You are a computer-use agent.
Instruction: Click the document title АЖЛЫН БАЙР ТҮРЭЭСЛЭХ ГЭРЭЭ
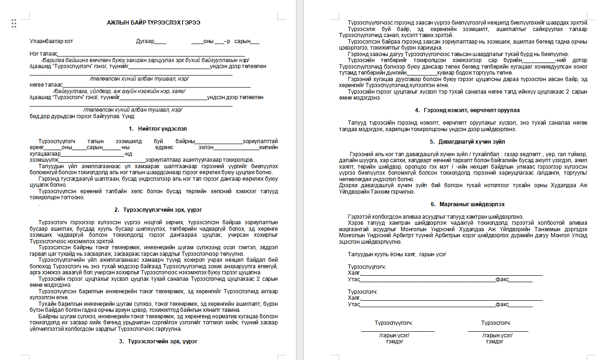point(154,23)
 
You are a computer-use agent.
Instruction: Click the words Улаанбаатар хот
point(51,41)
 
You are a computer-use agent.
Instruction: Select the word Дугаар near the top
point(145,41)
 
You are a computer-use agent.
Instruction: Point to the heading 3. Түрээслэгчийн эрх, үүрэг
point(158,341)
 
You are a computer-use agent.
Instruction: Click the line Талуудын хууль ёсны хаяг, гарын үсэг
point(397,254)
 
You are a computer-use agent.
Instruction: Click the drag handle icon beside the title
point(14,23)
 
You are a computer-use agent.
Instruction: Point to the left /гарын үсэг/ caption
point(394,335)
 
